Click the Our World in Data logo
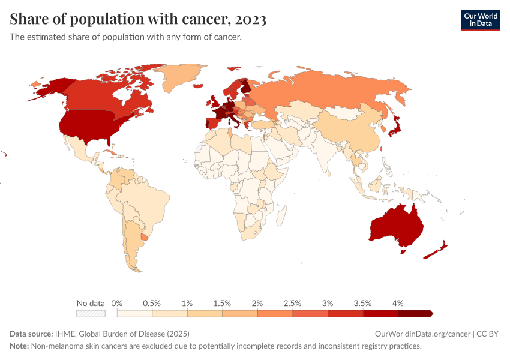pos(480,20)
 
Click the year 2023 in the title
pos(251,19)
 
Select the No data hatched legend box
pos(91,313)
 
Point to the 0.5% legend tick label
pos(152,303)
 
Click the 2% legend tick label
pos(257,303)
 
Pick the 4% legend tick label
pos(398,303)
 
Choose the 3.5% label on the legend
pos(362,303)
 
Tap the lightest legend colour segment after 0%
pos(134,313)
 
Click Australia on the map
pos(397,226)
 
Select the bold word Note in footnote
pos(20,346)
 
